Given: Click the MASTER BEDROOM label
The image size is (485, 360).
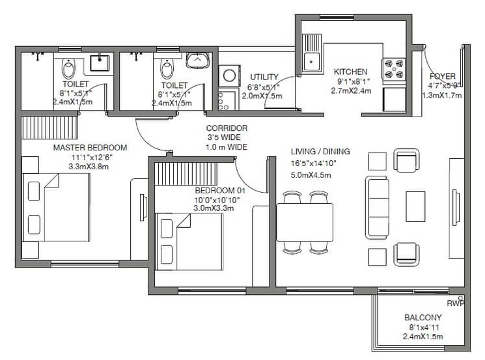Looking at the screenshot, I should [90, 148].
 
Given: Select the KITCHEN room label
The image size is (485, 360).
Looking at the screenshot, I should [351, 72].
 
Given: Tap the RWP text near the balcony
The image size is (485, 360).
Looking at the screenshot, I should [454, 303].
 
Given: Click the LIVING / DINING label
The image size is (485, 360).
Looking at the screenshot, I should [320, 152].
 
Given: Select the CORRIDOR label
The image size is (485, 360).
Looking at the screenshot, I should [226, 128].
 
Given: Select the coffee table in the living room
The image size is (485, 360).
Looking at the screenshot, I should [415, 206].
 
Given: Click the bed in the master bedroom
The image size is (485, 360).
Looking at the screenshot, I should [55, 206].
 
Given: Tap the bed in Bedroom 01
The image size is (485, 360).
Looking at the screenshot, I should [191, 240].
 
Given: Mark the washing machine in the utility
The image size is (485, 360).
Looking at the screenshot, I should [229, 76].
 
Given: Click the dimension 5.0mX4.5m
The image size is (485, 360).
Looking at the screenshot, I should [312, 174].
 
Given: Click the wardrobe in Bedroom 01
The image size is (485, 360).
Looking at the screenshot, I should [185, 173].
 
